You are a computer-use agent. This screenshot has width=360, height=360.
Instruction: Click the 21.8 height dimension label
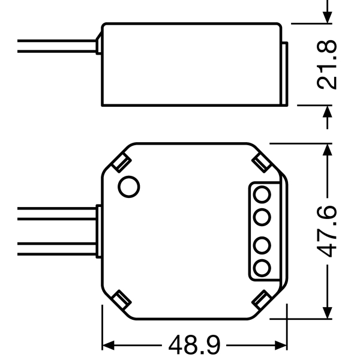pyautogui.click(x=326, y=65)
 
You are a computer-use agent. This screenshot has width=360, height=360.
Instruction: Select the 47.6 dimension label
pyautogui.click(x=326, y=232)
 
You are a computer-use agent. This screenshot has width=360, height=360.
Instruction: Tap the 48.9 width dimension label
pyautogui.click(x=194, y=346)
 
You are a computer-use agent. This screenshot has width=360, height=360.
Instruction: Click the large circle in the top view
pyautogui.click(x=129, y=187)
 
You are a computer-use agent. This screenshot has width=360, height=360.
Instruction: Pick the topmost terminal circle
pyautogui.click(x=262, y=194)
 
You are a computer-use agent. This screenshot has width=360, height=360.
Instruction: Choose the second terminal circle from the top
pyautogui.click(x=262, y=217)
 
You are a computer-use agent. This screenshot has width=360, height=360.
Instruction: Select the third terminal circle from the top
pyautogui.click(x=262, y=245)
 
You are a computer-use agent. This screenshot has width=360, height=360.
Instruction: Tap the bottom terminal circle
pyautogui.click(x=262, y=268)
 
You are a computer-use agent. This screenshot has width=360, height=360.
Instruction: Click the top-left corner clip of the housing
pyautogui.click(x=121, y=163)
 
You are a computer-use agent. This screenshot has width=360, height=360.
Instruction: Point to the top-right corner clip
pyautogui.click(x=260, y=163)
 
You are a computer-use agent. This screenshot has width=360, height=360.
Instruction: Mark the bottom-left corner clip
pyautogui.click(x=121, y=299)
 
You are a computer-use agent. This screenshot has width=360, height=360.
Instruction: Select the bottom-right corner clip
pyautogui.click(x=260, y=299)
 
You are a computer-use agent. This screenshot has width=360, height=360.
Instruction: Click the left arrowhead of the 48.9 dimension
pyautogui.click(x=108, y=346)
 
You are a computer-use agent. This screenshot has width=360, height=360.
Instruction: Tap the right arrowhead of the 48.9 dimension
pyautogui.click(x=281, y=346)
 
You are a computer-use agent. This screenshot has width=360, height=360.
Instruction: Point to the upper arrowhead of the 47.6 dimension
pyautogui.click(x=328, y=149)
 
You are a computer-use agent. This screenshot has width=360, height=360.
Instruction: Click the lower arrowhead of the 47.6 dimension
pyautogui.click(x=328, y=313)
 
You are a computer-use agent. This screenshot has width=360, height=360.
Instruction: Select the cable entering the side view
pyautogui.click(x=57, y=46)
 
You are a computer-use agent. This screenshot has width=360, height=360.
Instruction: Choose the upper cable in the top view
pyautogui.click(x=57, y=214)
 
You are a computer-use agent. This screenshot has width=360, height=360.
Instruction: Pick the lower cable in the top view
pyautogui.click(x=57, y=248)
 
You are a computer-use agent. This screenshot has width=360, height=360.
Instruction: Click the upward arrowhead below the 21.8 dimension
pyautogui.click(x=328, y=112)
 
